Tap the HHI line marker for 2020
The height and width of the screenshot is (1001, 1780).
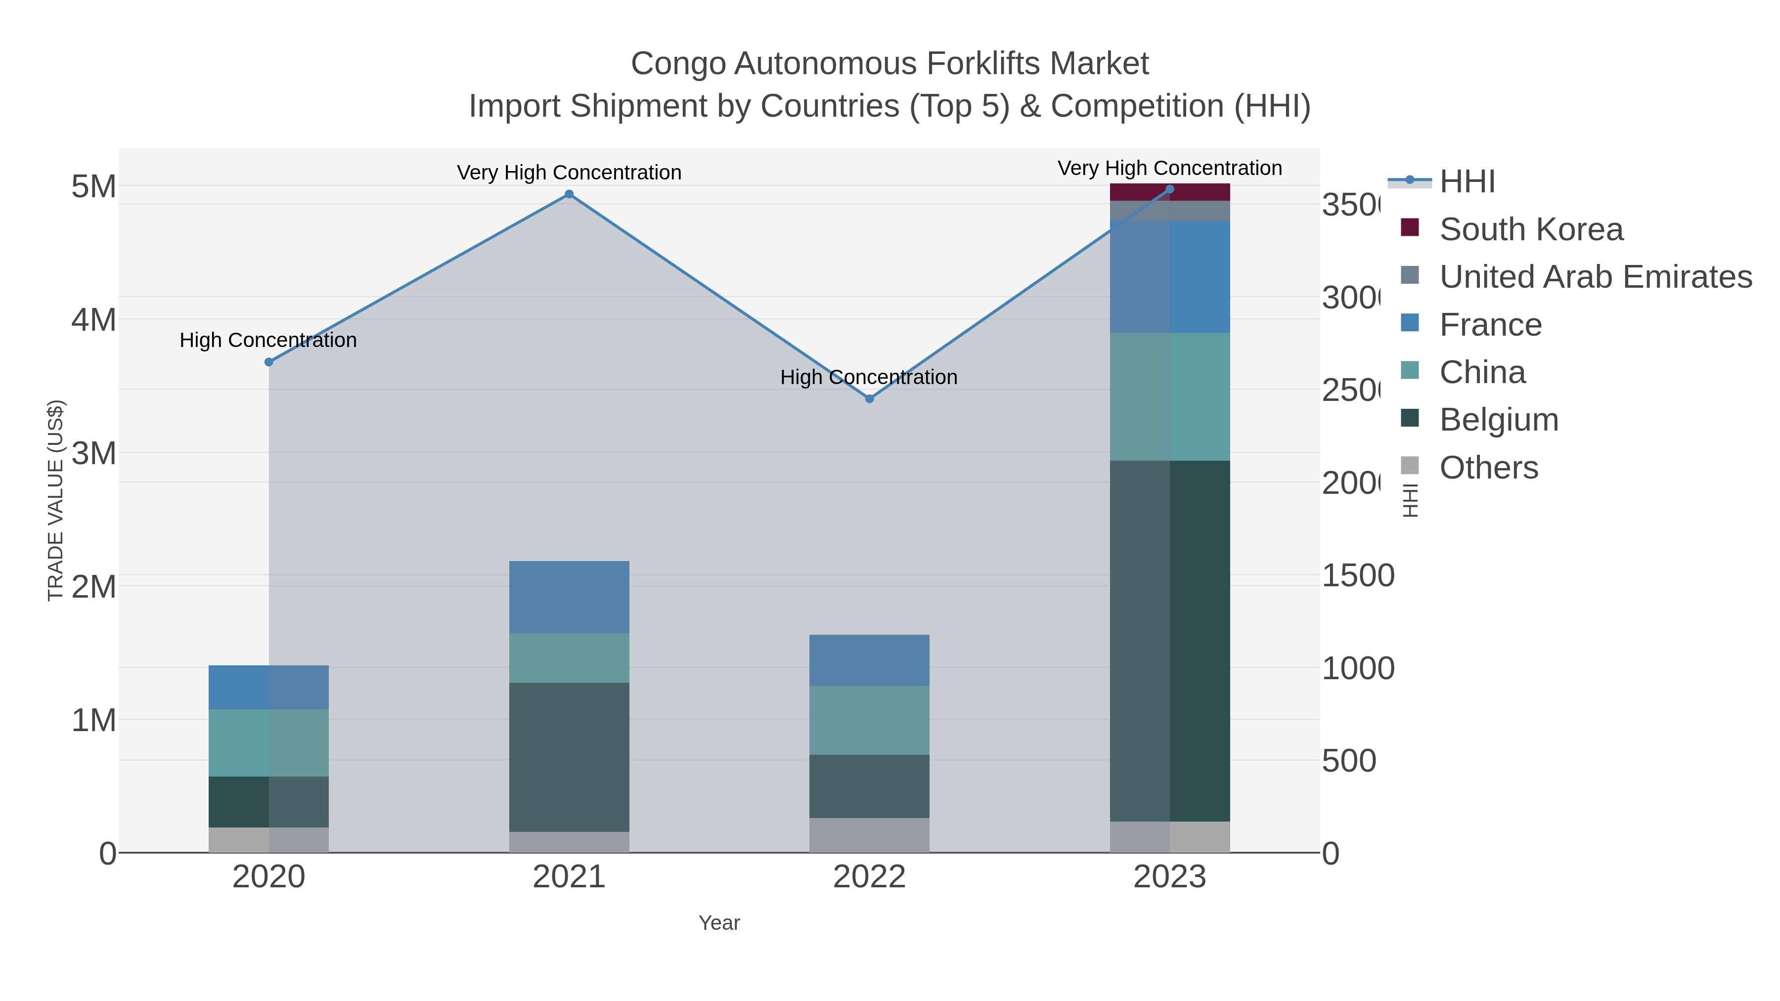pyautogui.click(x=269, y=362)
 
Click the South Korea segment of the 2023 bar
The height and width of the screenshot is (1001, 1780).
pyautogui.click(x=1169, y=193)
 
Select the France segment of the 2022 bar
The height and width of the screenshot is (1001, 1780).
pyautogui.click(x=869, y=660)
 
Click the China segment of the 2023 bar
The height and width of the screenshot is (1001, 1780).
pyautogui.click(x=1169, y=396)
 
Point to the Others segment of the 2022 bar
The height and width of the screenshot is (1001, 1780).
pyautogui.click(x=869, y=835)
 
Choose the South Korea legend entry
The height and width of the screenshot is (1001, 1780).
pyautogui.click(x=1530, y=229)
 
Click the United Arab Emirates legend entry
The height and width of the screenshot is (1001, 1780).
pyautogui.click(x=1595, y=277)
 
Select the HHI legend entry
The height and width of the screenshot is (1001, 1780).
pyautogui.click(x=1467, y=182)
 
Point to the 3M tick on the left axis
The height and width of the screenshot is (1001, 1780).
pyautogui.click(x=93, y=454)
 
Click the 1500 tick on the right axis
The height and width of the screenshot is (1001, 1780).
pyautogui.click(x=1358, y=576)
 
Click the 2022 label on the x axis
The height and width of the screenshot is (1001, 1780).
pyautogui.click(x=869, y=877)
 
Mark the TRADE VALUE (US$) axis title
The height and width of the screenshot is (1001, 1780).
pyautogui.click(x=55, y=500)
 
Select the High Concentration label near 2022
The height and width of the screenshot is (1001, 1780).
pyautogui.click(x=869, y=377)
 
